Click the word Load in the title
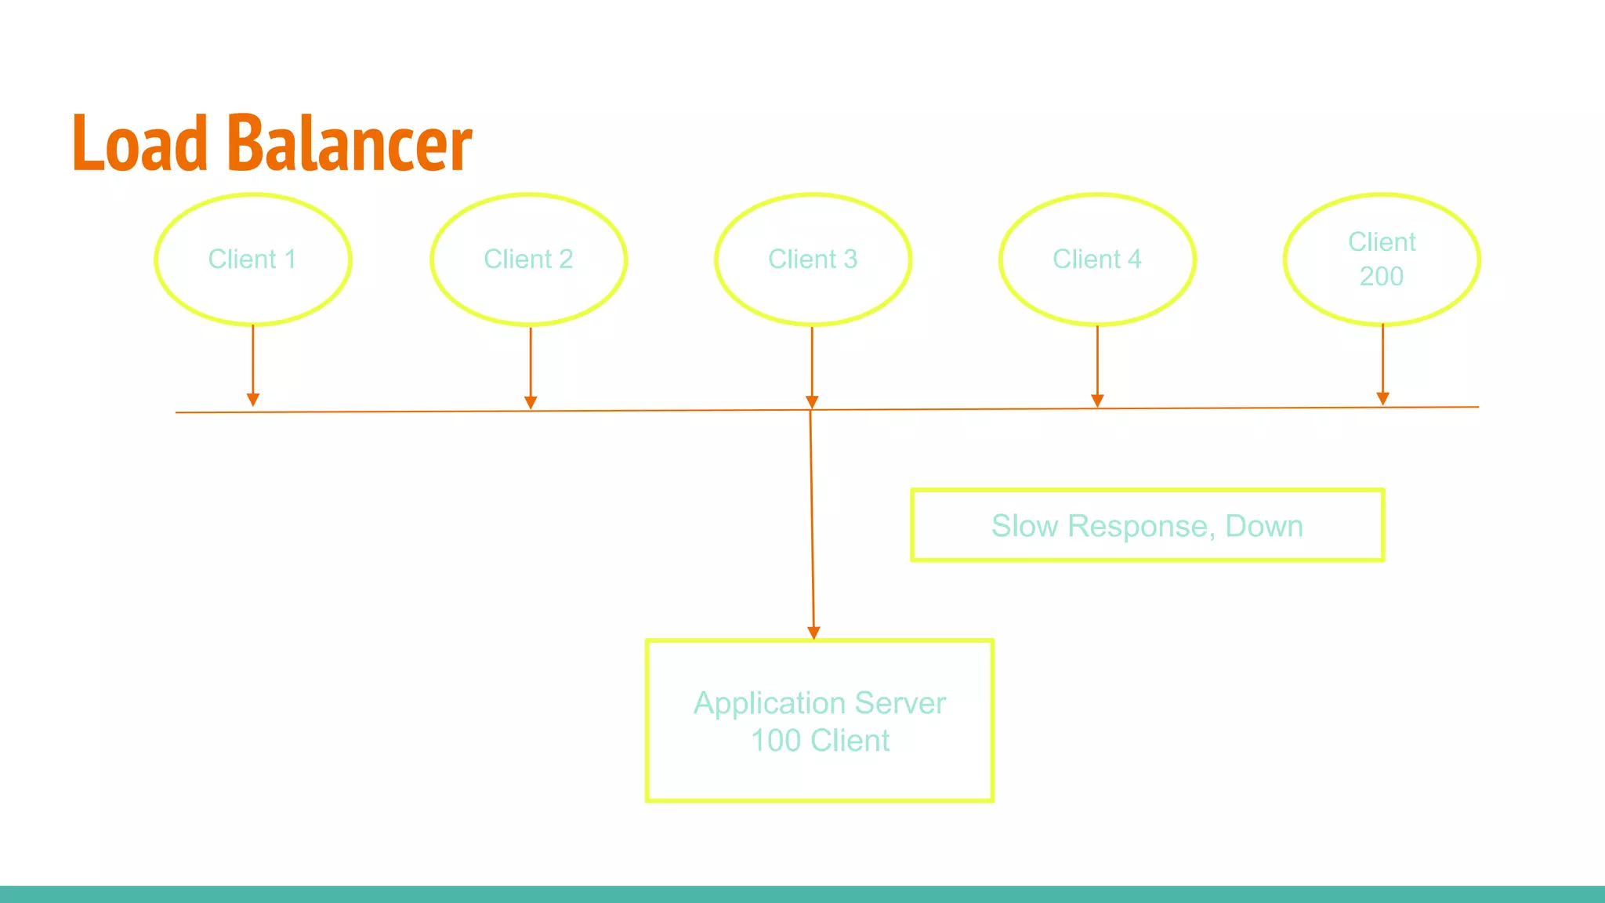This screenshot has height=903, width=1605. (139, 143)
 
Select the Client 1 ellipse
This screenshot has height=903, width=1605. (252, 259)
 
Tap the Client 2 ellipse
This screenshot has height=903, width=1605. (528, 259)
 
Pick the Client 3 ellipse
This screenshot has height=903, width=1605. (813, 259)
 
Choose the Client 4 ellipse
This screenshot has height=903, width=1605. (1096, 259)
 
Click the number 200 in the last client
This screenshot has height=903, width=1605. (1381, 277)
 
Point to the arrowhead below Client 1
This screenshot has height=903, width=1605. (253, 400)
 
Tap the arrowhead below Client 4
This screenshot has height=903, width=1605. (1097, 401)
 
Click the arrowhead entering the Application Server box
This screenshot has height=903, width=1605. (813, 633)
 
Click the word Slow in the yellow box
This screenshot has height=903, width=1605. (1024, 526)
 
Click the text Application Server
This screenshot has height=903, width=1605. (820, 703)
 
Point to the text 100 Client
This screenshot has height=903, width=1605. (820, 741)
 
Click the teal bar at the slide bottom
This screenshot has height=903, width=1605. (802, 894)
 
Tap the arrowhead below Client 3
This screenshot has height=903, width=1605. (812, 402)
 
